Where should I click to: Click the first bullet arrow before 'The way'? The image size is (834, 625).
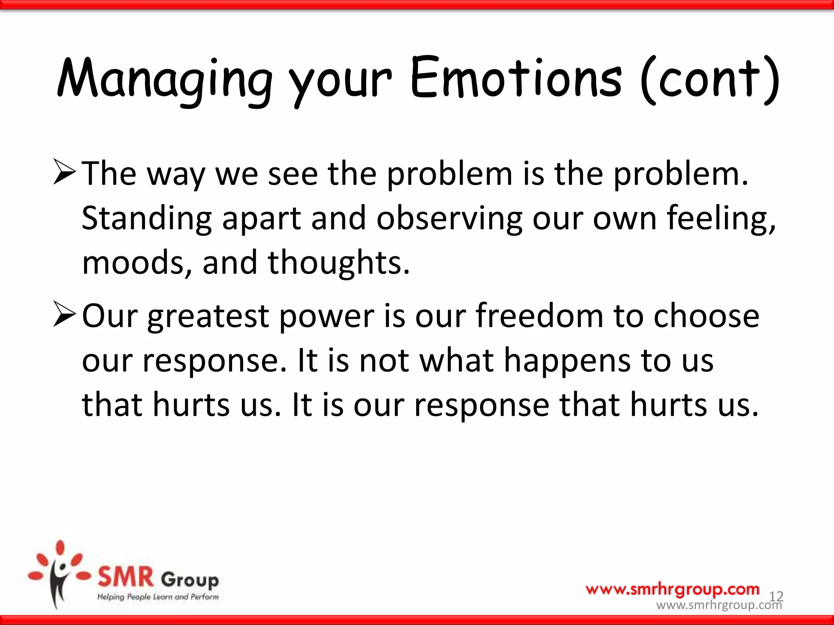point(64,173)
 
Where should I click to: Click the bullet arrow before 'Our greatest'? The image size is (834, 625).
point(64,315)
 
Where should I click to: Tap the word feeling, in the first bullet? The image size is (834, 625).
point(721,219)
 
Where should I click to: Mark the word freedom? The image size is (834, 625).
point(540,316)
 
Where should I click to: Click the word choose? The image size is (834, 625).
point(706,316)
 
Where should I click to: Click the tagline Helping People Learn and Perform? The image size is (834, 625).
point(158,597)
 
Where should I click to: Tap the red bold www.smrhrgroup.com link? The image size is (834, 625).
point(672,589)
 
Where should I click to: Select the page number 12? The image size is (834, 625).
point(776,596)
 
